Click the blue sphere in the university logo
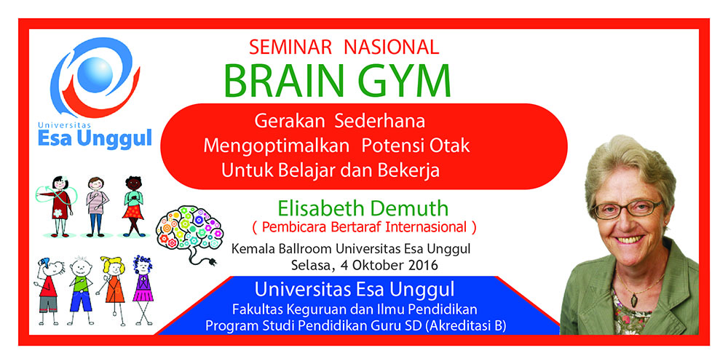coord(95,74)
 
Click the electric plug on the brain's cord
coord(212,261)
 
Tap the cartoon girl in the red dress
coord(57,207)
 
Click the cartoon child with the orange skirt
coord(133,206)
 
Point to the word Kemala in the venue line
coord(250,249)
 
